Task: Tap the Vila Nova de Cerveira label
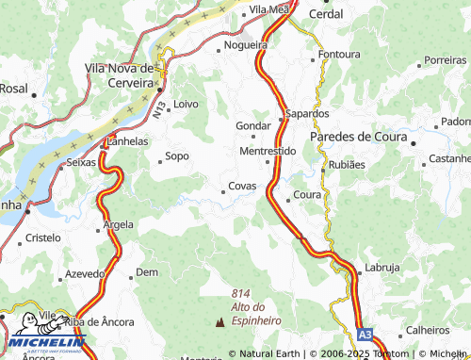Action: click(x=119, y=75)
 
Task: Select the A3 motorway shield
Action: click(x=365, y=334)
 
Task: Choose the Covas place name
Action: click(x=242, y=187)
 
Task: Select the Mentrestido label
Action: click(x=268, y=151)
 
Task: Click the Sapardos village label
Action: click(x=307, y=114)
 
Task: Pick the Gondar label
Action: click(x=252, y=125)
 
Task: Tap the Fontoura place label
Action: click(x=339, y=55)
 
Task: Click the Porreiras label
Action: click(x=445, y=59)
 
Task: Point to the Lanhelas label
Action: click(x=129, y=141)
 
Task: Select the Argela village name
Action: click(x=119, y=224)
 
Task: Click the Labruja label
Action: click(x=383, y=267)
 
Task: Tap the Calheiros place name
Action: click(x=428, y=330)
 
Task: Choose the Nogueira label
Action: click(x=247, y=45)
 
